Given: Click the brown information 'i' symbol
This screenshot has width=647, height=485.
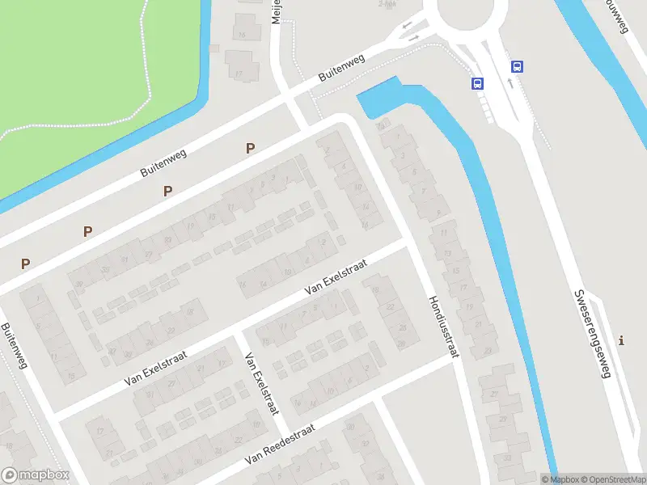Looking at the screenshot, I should click(x=620, y=339).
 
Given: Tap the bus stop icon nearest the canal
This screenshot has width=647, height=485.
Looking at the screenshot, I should click(x=477, y=82).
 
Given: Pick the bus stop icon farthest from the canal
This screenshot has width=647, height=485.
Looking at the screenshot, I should click(x=517, y=67).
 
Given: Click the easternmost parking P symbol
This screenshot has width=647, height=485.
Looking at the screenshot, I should click(x=251, y=148).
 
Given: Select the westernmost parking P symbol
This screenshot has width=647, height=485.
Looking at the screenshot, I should click(x=25, y=264).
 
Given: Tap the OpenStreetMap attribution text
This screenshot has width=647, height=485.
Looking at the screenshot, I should click(x=613, y=479).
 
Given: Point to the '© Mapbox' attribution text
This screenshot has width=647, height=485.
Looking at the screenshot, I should click(x=560, y=479).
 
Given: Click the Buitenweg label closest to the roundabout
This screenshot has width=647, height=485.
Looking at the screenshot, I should click(x=341, y=67).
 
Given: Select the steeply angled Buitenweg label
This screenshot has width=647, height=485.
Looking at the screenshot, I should click(x=15, y=346).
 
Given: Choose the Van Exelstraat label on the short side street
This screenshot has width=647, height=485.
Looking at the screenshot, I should click(x=262, y=385).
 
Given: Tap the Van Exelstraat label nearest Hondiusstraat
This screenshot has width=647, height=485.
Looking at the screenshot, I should click(x=335, y=276).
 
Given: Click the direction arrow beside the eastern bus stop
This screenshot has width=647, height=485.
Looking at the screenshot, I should click(x=510, y=82).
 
